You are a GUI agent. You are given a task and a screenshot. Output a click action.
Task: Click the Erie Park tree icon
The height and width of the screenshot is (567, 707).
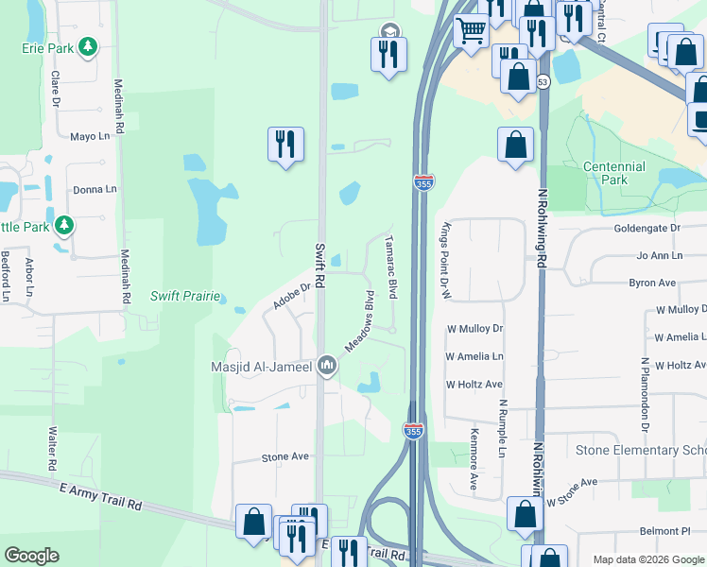point(88,46)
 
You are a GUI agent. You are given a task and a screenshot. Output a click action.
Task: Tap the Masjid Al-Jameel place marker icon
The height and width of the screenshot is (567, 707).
point(327,365)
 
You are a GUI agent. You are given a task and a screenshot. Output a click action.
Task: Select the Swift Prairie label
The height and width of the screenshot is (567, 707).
point(184,296)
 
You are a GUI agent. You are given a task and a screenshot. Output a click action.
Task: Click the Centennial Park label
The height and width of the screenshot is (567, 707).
point(614,173)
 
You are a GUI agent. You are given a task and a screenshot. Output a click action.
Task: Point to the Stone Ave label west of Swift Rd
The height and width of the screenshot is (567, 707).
point(285,457)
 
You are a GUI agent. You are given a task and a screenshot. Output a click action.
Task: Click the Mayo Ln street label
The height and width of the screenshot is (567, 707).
point(91,136)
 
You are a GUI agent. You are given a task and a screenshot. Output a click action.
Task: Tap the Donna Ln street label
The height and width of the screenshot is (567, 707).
point(95,189)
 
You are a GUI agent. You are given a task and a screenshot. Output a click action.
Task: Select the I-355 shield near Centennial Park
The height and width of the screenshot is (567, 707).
point(422,182)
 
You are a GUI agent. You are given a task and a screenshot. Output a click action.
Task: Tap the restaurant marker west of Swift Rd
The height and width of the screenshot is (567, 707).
point(285,144)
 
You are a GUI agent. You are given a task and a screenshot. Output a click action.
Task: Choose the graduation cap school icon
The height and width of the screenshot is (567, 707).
point(389,31)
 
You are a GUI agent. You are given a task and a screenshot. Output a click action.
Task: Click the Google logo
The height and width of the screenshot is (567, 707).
point(31,556)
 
